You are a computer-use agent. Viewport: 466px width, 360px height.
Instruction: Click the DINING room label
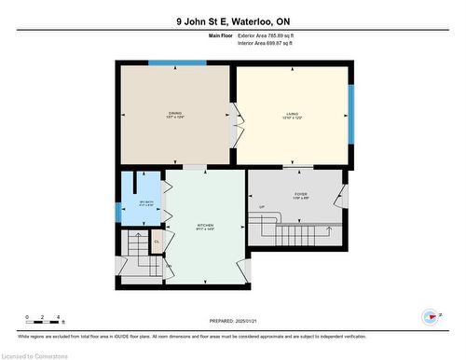175,116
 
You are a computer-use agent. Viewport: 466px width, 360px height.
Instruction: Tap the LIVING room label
293,116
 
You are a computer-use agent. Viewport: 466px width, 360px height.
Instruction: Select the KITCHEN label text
205,227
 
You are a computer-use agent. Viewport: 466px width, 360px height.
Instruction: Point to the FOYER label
300,196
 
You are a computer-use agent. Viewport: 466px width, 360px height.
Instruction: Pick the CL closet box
157,242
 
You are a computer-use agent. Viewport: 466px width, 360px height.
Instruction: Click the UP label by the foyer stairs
262,206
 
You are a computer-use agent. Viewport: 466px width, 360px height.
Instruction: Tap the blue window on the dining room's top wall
177,63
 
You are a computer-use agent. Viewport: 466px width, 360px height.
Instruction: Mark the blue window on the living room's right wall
351,115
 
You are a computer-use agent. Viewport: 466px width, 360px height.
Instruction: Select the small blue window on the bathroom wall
117,211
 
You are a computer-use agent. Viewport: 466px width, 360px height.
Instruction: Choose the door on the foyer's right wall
343,197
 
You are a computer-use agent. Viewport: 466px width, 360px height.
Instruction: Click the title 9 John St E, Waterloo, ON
233,21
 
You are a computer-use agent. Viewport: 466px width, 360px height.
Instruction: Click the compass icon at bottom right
430,317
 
